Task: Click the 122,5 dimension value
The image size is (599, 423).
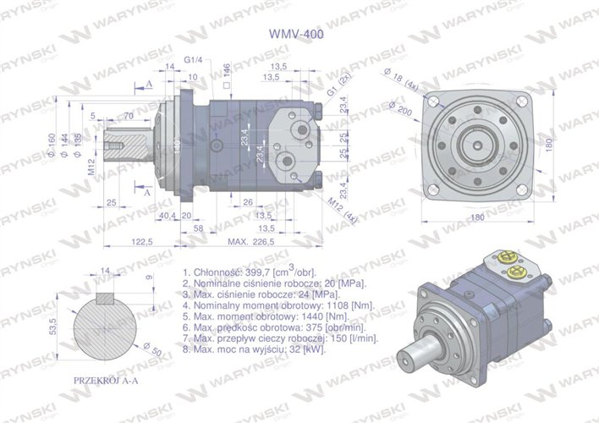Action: [x=141, y=241]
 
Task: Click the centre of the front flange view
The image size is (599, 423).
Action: [x=479, y=140]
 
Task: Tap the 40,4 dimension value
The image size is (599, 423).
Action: [x=167, y=215]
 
